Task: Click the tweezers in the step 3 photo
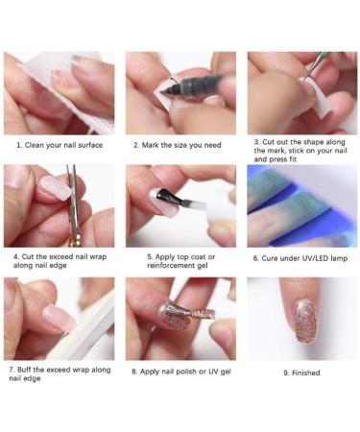[x=316, y=67]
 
